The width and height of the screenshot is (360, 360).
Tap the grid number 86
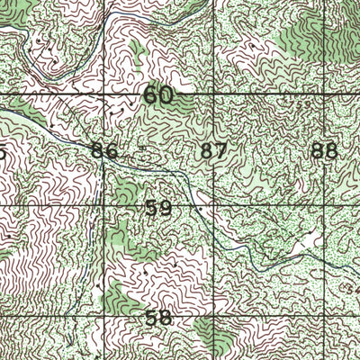pos(104,151)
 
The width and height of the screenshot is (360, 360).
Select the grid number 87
pos(214,151)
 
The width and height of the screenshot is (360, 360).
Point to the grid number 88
pos(324,151)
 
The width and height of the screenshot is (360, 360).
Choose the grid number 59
pos(157,208)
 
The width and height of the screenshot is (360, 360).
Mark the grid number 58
pos(157,318)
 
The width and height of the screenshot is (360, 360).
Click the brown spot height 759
pos(306,103)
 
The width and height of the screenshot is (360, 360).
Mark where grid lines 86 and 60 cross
pos(102,94)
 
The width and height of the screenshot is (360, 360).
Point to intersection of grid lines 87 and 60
pos(213,94)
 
